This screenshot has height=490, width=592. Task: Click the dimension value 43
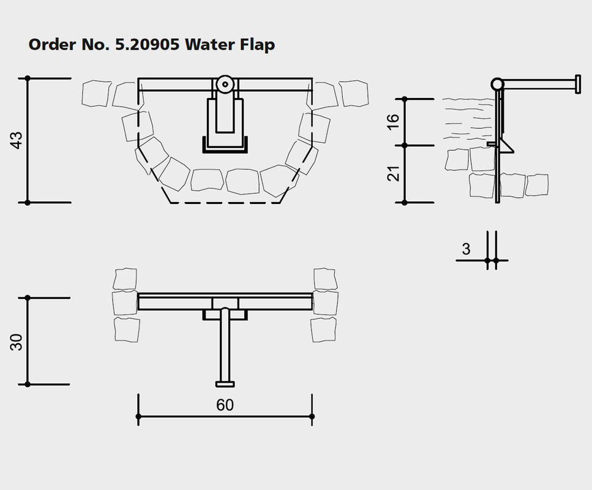click(x=18, y=140)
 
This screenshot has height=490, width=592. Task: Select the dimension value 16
click(x=394, y=121)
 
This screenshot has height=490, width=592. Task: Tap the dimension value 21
click(x=394, y=174)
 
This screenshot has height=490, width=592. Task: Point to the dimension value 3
click(x=466, y=249)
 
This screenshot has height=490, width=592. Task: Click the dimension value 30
click(x=18, y=342)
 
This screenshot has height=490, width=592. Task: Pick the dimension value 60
click(x=225, y=405)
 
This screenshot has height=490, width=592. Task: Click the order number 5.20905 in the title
click(x=149, y=45)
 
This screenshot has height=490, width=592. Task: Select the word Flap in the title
click(x=254, y=45)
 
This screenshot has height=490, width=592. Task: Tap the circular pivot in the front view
click(x=225, y=84)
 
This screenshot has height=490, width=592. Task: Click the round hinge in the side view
click(x=498, y=83)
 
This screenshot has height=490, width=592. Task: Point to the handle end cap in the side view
click(x=577, y=83)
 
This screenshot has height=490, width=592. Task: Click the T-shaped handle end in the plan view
click(x=225, y=384)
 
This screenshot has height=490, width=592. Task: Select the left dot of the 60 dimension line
click(x=138, y=417)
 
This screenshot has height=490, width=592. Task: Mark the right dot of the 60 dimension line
click(x=312, y=417)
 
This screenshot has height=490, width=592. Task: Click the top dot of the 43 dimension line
click(x=28, y=78)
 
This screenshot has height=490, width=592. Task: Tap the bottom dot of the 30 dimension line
click(x=28, y=384)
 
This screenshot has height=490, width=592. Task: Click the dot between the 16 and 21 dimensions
click(x=404, y=146)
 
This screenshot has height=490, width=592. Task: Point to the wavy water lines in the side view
click(x=468, y=116)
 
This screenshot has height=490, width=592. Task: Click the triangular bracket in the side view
click(x=508, y=145)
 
